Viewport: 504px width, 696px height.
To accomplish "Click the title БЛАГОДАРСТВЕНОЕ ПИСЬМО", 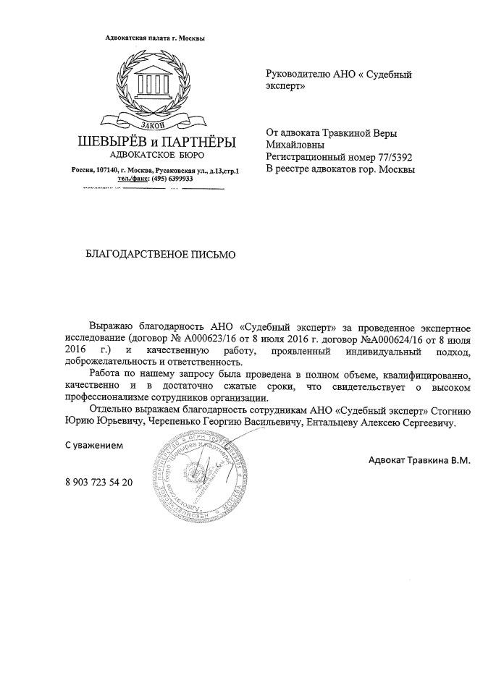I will pyautogui.click(x=161, y=254).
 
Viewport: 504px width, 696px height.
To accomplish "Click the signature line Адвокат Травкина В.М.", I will pyautogui.click(x=419, y=461).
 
